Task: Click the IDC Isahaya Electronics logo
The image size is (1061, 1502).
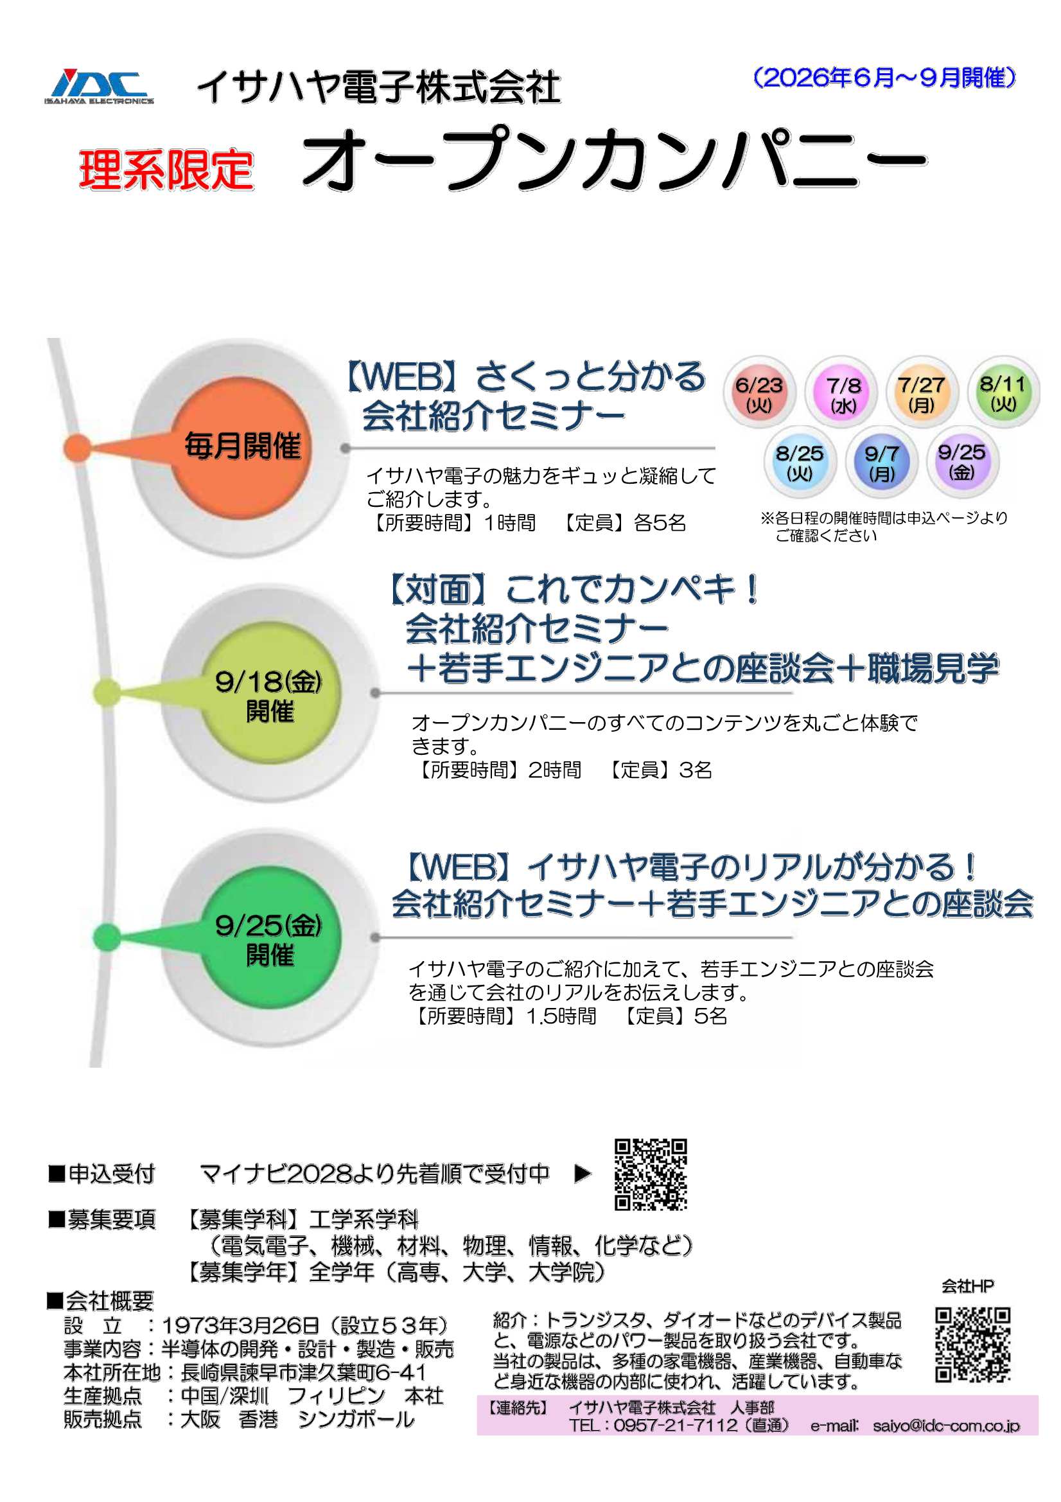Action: [x=100, y=86]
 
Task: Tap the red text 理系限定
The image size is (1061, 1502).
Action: [x=166, y=170]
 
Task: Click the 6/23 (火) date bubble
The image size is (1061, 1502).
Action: [x=758, y=392]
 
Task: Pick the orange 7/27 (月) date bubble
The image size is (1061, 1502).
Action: [x=920, y=392]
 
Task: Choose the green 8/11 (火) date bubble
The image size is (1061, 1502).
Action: [x=1003, y=391]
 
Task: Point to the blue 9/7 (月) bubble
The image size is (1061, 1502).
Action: [x=881, y=461]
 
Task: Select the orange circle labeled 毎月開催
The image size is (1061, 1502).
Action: [x=241, y=448]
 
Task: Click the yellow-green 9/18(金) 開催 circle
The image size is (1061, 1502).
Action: [x=270, y=694]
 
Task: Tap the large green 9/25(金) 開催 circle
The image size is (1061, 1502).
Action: [x=270, y=939]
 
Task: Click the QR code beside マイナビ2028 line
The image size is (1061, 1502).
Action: [x=651, y=1174]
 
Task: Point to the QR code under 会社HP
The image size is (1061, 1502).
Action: [x=974, y=1345]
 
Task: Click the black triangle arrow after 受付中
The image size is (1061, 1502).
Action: [x=582, y=1174]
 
